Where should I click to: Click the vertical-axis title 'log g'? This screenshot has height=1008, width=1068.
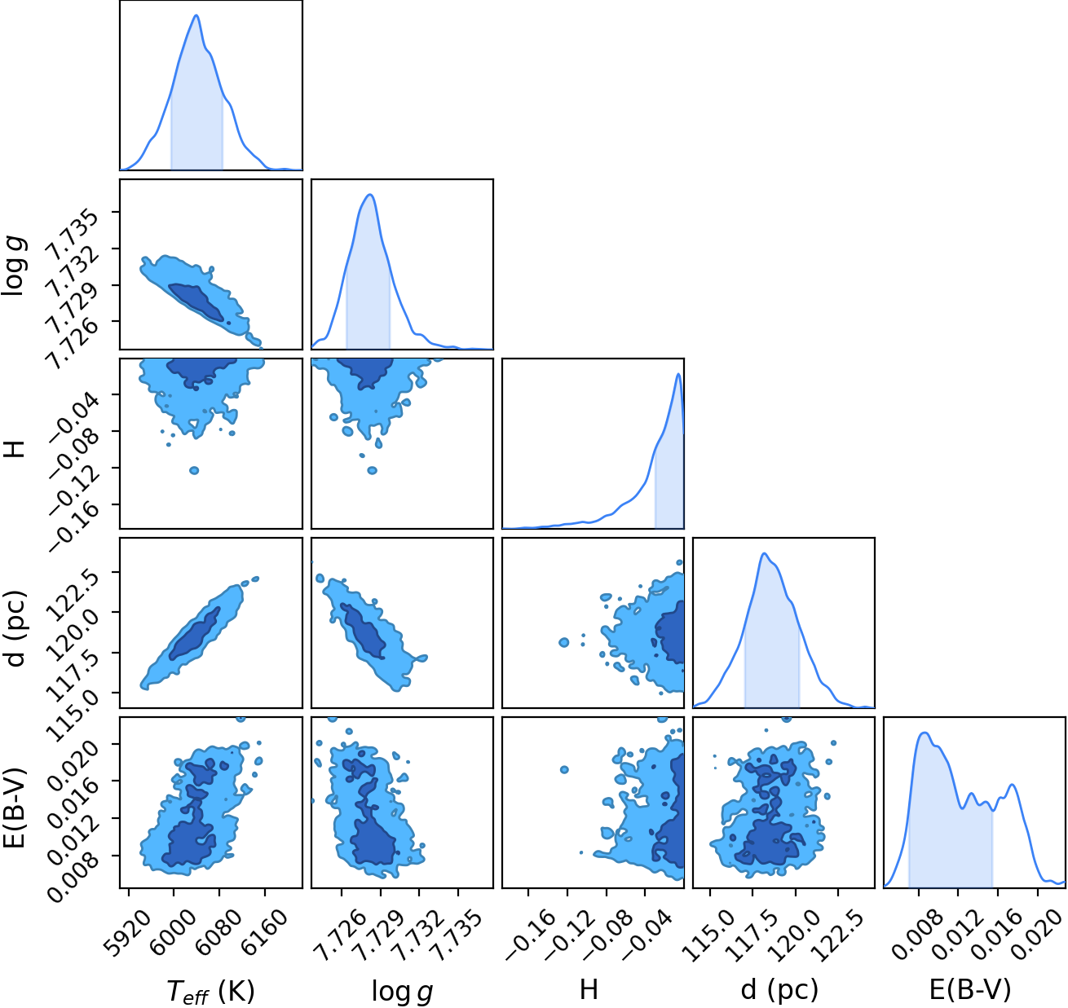pyautogui.click(x=15, y=266)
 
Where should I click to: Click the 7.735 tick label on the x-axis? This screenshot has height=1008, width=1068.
pyautogui.click(x=452, y=926)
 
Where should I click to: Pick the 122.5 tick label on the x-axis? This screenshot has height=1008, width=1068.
pyautogui.click(x=832, y=926)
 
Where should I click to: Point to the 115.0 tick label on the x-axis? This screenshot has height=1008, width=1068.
pyautogui.click(x=704, y=926)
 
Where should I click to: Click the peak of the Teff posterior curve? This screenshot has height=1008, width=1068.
pyautogui.click(x=196, y=15)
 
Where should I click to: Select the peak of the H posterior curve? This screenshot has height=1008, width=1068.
pyautogui.click(x=678, y=374)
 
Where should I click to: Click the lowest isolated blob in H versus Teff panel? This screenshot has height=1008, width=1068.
pyautogui.click(x=194, y=470)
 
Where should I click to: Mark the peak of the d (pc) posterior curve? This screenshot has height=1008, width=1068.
pyautogui.click(x=764, y=553)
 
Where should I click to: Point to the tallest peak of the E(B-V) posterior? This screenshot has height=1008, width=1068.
pyautogui.click(x=925, y=733)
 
